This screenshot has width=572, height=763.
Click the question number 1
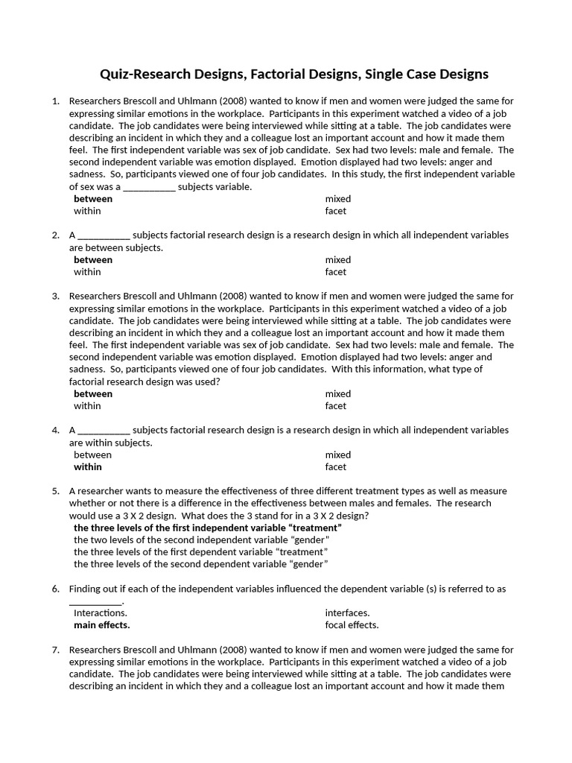click(55, 101)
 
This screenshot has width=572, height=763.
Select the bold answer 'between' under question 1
click(93, 199)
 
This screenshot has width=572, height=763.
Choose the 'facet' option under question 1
click(335, 211)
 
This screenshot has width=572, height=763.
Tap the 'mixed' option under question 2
click(337, 260)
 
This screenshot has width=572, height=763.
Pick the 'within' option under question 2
click(87, 272)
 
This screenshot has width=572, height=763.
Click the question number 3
click(55, 296)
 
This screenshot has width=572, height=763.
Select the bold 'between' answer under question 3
click(93, 394)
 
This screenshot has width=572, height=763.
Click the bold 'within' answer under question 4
click(88, 467)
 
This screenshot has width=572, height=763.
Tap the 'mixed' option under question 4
click(337, 455)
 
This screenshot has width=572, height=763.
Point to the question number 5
click(55, 491)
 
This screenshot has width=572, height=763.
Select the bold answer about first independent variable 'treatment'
click(208, 528)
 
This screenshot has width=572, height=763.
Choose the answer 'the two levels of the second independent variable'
click(201, 540)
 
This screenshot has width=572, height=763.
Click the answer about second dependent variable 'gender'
click(201, 564)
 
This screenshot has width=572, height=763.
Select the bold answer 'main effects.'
click(102, 625)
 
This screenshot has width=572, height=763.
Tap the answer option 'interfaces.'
click(347, 613)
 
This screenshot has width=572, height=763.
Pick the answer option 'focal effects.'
click(352, 625)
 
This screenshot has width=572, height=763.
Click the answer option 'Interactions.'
click(101, 613)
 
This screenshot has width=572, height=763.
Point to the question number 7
click(55, 650)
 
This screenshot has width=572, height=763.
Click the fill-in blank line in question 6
click(95, 602)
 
